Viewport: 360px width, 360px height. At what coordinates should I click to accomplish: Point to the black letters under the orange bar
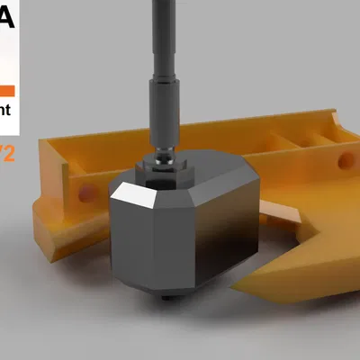pyautogui.click(x=6, y=112)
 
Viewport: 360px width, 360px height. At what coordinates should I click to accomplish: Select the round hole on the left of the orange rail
pyautogui.click(x=85, y=193)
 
